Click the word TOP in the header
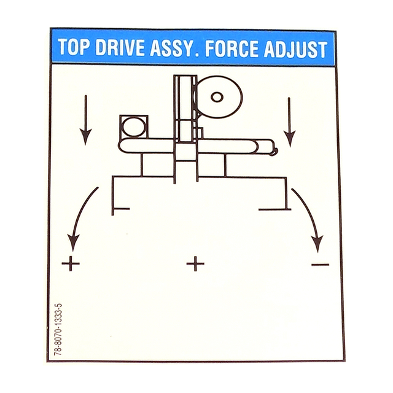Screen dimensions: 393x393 [x=73, y=47]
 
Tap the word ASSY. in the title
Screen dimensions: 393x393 [x=174, y=48]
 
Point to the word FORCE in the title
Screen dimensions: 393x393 [x=232, y=48]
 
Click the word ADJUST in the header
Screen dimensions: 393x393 [x=296, y=49]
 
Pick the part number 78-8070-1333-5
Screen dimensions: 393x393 [x=58, y=329]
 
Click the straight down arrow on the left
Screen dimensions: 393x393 [x=86, y=120]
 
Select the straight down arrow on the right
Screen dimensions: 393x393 [x=289, y=122]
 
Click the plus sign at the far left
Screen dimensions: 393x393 [x=71, y=263]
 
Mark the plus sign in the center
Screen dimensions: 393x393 [x=195, y=263]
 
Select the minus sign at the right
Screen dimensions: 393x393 [x=320, y=265]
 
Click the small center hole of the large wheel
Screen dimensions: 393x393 [x=217, y=97]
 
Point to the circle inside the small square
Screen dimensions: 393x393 [x=134, y=127]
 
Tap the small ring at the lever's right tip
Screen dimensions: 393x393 [x=273, y=152]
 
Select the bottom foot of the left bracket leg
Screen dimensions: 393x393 [x=120, y=209]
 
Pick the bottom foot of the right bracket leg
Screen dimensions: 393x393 [x=274, y=209]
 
